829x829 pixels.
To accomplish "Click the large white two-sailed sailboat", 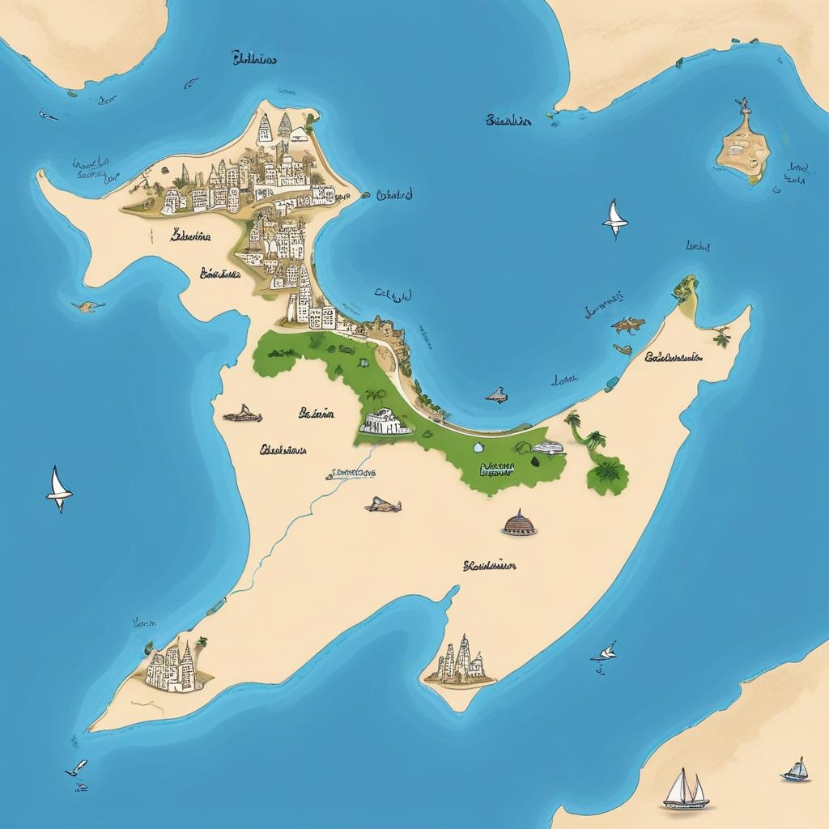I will pos(685,789).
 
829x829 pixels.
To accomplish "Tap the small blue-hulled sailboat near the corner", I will pos(796,770).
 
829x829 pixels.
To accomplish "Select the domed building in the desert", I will pos(519,524).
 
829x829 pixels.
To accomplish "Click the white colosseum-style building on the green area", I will pos(386,422).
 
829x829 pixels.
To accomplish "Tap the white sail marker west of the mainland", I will pos(58,488).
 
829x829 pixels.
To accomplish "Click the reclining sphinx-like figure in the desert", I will pos(383,506).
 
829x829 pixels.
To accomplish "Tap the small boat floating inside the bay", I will pos(495,396).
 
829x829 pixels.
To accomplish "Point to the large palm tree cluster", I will pos(607,472).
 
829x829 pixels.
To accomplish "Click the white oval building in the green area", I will pos(547,447).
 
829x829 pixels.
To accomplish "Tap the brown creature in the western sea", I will pos(87,306).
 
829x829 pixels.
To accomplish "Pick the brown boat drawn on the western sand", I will pos(242,414).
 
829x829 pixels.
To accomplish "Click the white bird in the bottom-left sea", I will pos(77,767).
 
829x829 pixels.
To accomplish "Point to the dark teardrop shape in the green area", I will pos(535,461).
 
